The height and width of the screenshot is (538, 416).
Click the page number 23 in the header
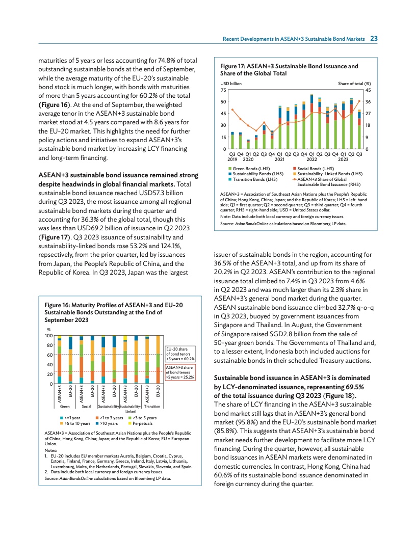[x=374, y=39]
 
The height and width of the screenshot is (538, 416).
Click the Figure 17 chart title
[x=289, y=70]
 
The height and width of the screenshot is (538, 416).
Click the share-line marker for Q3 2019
[x=232, y=110]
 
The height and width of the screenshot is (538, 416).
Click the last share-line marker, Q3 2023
[x=359, y=101]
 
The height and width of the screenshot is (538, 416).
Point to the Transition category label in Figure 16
[x=152, y=407]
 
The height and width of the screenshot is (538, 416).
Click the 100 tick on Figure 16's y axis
[x=49, y=335]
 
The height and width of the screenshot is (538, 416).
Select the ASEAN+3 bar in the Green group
[x=59, y=360]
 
